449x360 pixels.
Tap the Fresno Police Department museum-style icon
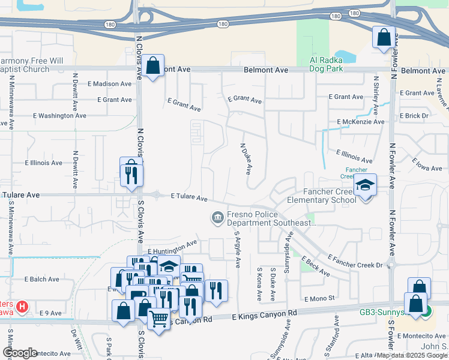tap(217, 217)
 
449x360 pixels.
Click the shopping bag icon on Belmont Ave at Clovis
tap(153, 64)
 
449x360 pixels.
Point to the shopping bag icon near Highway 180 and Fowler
tap(383, 38)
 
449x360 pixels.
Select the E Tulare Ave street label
tap(189, 197)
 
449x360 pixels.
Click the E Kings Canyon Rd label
tap(264, 314)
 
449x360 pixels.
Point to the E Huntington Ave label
tap(172, 247)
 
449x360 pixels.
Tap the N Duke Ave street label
tap(246, 159)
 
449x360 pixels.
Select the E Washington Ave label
tap(59, 115)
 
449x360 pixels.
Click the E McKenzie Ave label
tap(360, 122)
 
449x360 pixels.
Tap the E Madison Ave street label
tap(109, 84)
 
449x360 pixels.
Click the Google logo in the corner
tap(20, 353)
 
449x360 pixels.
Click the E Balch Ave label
tap(41, 279)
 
